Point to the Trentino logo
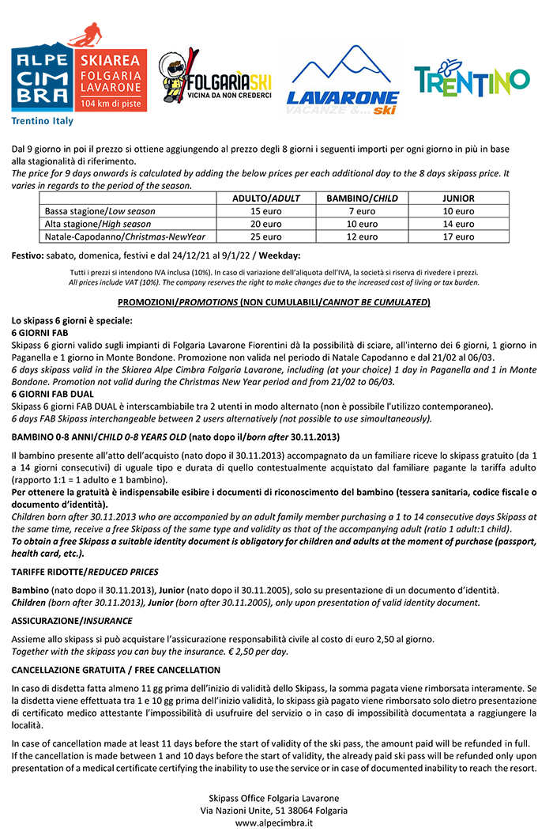472,76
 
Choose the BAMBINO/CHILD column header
362,199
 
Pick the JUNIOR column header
458,199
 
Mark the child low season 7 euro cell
362,211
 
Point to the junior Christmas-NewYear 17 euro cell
458,236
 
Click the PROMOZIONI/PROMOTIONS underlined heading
273,302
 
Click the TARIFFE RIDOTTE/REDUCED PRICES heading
85,572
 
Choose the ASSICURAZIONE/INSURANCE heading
72,621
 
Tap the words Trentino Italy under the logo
42,121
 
